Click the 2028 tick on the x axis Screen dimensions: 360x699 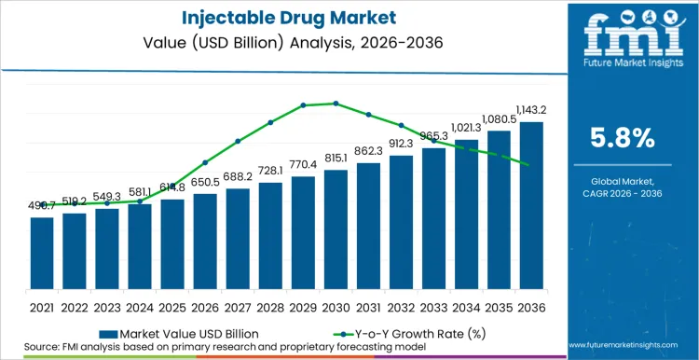click(x=270, y=306)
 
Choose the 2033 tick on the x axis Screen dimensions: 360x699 click(x=433, y=306)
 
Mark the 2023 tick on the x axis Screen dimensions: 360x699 click(x=107, y=306)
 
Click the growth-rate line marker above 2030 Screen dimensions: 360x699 click(x=336, y=104)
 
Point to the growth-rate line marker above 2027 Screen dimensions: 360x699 click(x=238, y=141)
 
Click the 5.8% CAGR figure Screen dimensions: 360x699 click(x=624, y=138)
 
